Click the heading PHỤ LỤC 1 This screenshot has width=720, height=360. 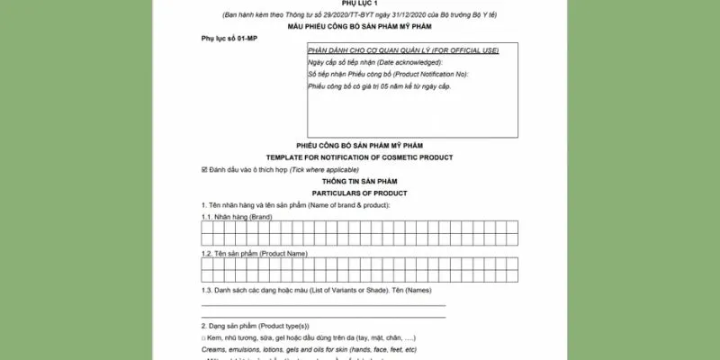[x=359, y=4]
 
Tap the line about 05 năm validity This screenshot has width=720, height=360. [x=379, y=85]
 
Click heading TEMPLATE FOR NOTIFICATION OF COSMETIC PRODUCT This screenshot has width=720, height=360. [x=359, y=157]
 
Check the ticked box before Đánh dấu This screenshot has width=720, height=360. [x=204, y=169]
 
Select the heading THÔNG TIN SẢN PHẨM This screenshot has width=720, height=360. [x=359, y=181]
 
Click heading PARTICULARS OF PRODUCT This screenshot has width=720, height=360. [x=359, y=193]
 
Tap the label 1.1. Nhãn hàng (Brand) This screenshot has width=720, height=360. [x=237, y=218]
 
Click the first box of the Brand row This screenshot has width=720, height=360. [x=207, y=232]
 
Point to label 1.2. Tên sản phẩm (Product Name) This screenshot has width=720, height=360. [x=248, y=255]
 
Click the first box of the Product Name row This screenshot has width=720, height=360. [x=207, y=268]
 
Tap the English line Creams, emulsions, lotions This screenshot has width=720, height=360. [x=309, y=348]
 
